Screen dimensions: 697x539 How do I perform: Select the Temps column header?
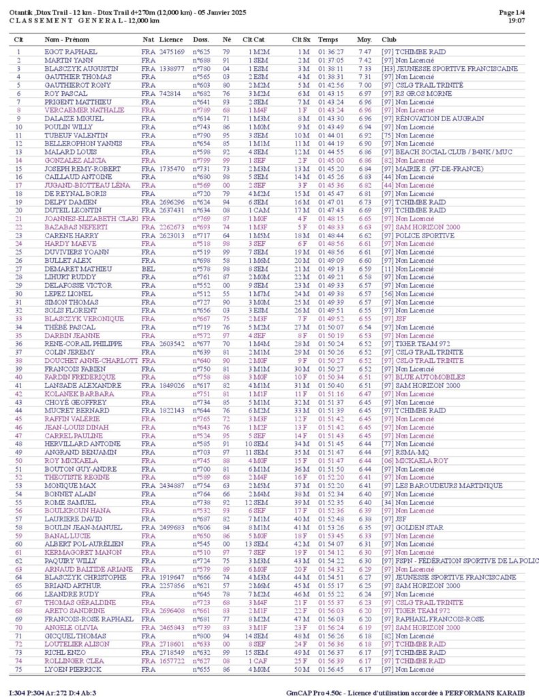(328, 40)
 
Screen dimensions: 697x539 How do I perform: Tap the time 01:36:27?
(330, 52)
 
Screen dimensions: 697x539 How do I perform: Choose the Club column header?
(388, 40)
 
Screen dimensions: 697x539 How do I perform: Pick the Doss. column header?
(200, 40)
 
